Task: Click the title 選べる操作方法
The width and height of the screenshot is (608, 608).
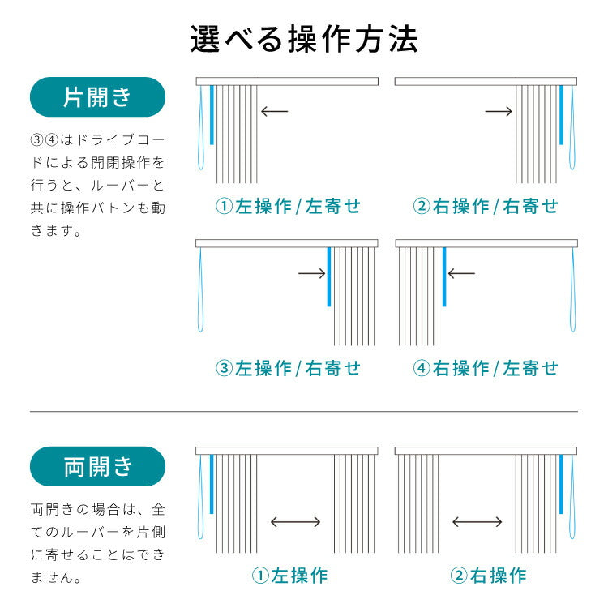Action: point(304,39)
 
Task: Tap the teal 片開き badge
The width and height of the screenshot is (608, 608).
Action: point(97,97)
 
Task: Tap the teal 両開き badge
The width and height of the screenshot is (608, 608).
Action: point(97,467)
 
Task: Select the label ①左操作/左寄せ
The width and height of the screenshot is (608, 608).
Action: point(288,207)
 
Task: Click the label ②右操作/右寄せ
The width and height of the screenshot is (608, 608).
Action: point(486,207)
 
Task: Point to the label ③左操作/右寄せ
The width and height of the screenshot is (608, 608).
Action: point(288,369)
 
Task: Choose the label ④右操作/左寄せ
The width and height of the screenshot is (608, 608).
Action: point(486,369)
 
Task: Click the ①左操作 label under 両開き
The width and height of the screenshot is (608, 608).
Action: point(289,576)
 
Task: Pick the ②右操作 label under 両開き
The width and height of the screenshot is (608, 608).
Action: point(488,576)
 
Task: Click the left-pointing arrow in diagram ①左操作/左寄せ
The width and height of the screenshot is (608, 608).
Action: point(275,111)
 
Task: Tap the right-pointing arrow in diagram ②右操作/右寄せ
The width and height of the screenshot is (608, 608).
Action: point(499,111)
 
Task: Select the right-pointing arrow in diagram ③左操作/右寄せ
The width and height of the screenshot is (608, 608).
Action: point(312,274)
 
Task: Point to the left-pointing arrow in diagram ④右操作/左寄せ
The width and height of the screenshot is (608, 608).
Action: point(461,274)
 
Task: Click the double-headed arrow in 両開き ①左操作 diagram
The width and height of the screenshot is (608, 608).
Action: point(295,523)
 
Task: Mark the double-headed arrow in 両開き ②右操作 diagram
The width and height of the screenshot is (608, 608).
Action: point(477,523)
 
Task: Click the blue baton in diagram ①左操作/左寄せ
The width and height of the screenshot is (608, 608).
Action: point(212,114)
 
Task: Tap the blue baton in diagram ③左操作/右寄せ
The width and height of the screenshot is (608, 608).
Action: point(328,276)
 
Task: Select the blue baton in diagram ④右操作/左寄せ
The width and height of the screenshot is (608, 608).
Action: point(444,276)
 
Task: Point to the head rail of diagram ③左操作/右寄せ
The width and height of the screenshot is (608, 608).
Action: point(288,243)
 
